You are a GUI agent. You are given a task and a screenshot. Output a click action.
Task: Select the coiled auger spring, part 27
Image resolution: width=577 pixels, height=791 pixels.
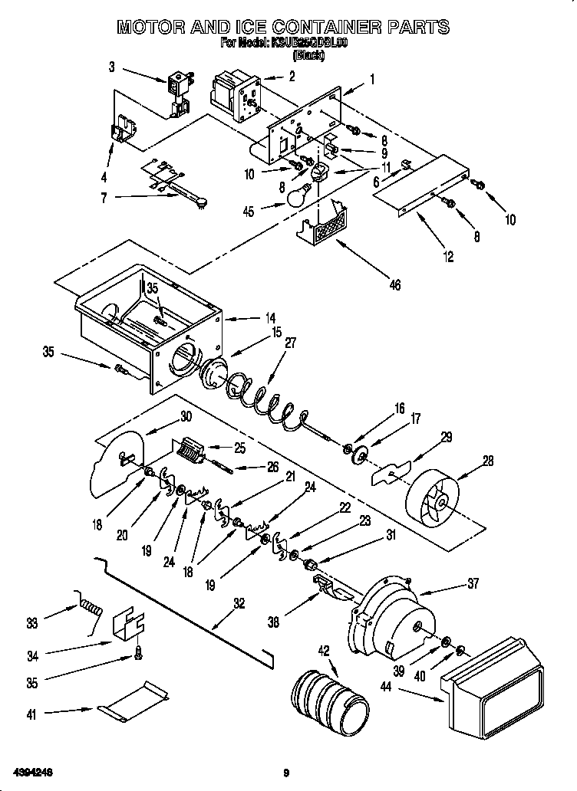tap(269, 399)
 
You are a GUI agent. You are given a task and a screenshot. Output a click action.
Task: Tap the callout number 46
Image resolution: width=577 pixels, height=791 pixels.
tap(394, 286)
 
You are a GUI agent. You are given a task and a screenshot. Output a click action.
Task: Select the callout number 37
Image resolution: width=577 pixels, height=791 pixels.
tap(472, 584)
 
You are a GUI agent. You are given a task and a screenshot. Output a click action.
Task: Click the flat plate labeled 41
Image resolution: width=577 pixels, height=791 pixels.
tap(132, 702)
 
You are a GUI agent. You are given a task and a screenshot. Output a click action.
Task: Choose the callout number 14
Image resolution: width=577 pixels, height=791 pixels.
tap(270, 316)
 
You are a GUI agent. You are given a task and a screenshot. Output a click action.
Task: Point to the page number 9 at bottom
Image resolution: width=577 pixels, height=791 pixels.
tap(285, 772)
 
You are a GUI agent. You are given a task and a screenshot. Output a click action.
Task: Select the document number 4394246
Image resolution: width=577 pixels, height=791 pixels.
tap(31, 770)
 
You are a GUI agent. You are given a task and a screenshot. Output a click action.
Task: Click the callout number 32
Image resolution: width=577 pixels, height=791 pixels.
tap(239, 603)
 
